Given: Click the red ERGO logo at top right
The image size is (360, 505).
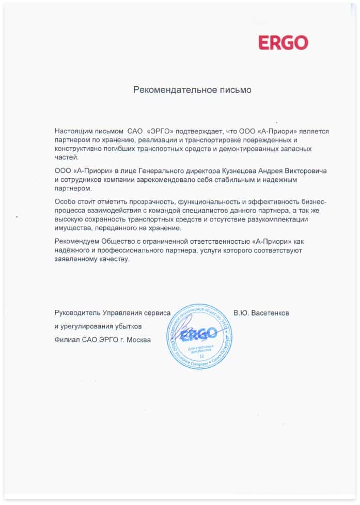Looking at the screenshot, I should point(283,42).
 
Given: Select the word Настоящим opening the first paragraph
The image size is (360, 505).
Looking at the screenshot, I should point(72,132).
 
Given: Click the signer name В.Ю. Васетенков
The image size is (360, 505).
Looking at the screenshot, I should point(261,313).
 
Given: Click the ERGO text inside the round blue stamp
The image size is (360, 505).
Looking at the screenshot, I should point(199,336).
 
